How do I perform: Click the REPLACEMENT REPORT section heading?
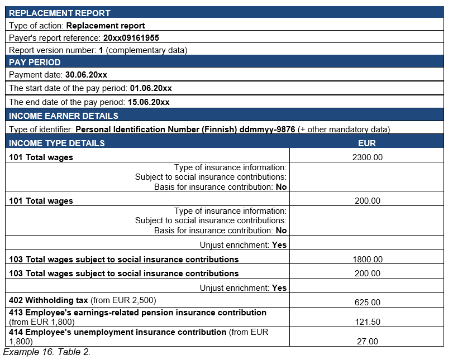pyautogui.click(x=60, y=13)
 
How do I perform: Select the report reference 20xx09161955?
pyautogui.click(x=131, y=38)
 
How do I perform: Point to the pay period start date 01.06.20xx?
pyautogui.click(x=151, y=88)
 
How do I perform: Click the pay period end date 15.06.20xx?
pyautogui.click(x=148, y=102)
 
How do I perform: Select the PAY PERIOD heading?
pyautogui.click(x=35, y=62)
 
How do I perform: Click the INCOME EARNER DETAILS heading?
pyautogui.click(x=64, y=116)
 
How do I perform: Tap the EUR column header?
pyautogui.click(x=367, y=143)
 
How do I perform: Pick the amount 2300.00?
pyautogui.click(x=367, y=157)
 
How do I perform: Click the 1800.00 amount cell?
pyautogui.click(x=367, y=259)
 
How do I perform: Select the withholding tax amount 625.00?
pyautogui.click(x=367, y=303)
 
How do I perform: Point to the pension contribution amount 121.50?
pyautogui.click(x=367, y=322)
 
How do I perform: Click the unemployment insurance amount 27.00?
pyautogui.click(x=367, y=342)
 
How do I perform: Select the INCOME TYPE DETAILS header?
pyautogui.click(x=57, y=143)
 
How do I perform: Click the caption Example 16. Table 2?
pyautogui.click(x=47, y=352)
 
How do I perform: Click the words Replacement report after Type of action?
pyautogui.click(x=106, y=26)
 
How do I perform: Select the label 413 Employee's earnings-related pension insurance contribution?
pyautogui.click(x=137, y=313)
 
